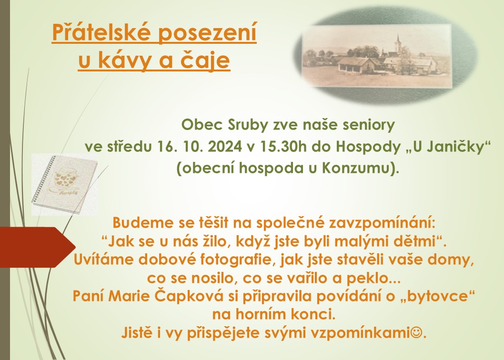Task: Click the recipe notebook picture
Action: tap(65, 184)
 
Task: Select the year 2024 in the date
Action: tap(225, 147)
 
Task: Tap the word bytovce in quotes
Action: tap(436, 296)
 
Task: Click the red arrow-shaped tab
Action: tap(38, 247)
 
